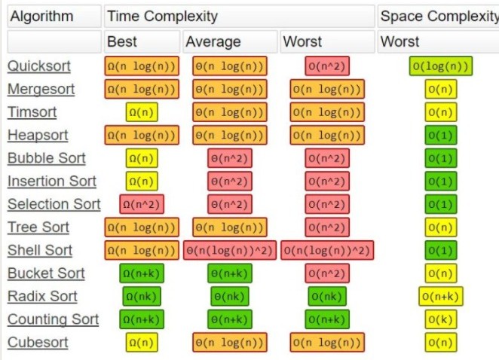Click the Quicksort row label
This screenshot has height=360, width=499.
[39, 66]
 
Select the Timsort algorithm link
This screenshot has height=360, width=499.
[32, 112]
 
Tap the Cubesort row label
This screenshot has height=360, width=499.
[38, 343]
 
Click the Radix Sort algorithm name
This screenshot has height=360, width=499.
[42, 297]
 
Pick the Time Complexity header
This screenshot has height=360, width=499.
[162, 16]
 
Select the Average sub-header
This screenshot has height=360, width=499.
[213, 41]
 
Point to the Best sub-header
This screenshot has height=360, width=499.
[122, 41]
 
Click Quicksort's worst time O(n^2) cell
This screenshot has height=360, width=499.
[327, 66]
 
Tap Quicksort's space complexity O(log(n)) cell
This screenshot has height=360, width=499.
[441, 66]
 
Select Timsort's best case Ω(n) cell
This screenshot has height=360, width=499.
[142, 112]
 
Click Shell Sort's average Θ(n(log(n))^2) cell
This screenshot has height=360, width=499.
[229, 251]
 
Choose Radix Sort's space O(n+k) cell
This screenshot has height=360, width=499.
[441, 297]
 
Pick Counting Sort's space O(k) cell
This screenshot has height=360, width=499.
[441, 319]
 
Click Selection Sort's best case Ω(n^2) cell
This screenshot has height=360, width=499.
[142, 204]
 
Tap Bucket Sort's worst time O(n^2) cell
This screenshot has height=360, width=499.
[327, 273]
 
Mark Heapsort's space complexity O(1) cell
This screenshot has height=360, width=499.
[441, 136]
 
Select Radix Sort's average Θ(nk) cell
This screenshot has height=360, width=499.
[229, 297]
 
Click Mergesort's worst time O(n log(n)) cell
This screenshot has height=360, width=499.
[327, 90]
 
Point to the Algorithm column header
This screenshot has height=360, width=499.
[42, 16]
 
